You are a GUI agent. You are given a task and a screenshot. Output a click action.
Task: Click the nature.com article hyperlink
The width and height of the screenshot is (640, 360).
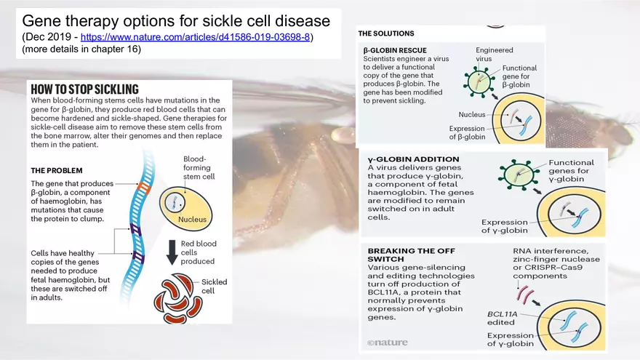[195, 37]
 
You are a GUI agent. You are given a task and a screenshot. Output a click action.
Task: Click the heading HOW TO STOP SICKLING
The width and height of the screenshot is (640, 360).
[84, 89]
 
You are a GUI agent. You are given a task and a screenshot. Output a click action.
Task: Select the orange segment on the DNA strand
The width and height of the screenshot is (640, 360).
[144, 188]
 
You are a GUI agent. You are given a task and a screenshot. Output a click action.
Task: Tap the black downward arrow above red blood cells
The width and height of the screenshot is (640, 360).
[172, 252]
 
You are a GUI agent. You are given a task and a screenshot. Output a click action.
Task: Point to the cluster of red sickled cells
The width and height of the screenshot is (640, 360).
[177, 299]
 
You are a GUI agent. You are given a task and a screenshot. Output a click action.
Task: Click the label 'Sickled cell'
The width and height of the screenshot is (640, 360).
[214, 286]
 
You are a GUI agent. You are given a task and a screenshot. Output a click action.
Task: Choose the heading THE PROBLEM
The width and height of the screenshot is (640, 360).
[56, 171]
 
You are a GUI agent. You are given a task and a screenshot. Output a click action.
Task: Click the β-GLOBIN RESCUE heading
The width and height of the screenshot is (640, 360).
[395, 51]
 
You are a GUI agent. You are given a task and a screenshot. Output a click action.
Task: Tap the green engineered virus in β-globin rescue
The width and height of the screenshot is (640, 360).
[479, 81]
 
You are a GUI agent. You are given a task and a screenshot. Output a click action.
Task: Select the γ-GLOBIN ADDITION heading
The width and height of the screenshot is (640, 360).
[413, 159]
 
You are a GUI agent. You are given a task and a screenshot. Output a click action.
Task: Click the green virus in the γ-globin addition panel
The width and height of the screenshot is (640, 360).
[516, 175]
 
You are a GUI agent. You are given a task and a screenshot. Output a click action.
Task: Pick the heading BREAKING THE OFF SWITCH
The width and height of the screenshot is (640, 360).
[411, 255]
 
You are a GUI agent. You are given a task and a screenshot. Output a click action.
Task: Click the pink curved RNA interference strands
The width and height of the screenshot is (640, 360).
[525, 294]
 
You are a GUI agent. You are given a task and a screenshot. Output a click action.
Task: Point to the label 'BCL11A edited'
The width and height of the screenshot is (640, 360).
[502, 319]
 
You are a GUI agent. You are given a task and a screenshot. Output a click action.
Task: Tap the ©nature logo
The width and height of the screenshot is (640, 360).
[387, 343]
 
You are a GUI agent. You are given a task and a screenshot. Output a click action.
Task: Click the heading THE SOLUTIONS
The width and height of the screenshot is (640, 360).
[385, 33]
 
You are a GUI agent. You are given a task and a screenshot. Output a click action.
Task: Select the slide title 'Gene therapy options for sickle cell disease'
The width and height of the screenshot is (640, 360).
[176, 21]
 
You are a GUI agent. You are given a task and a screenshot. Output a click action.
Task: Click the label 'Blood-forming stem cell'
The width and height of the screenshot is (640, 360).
[199, 168]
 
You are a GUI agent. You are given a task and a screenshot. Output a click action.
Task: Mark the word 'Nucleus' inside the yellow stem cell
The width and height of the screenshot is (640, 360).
[192, 219]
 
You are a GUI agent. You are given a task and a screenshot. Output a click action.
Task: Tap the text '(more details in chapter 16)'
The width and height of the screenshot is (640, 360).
[81, 49]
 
